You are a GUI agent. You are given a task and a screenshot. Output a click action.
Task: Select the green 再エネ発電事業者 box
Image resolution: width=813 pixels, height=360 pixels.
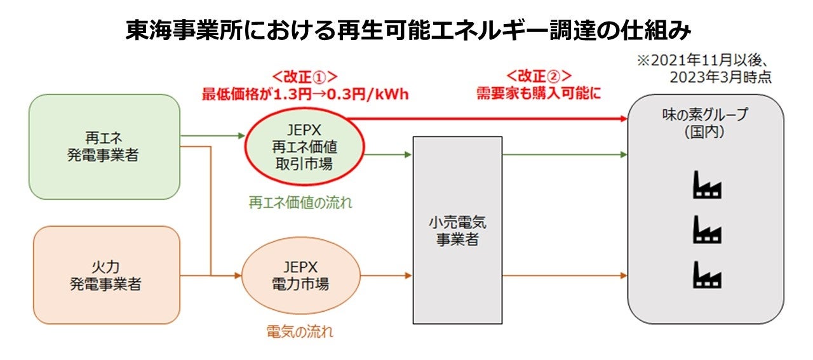pyautogui.click(x=104, y=147)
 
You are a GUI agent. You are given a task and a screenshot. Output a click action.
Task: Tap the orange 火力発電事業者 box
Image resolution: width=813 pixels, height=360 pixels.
pyautogui.click(x=105, y=275)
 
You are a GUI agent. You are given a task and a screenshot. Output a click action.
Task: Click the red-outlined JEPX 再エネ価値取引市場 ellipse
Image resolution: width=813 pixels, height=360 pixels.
pyautogui.click(x=304, y=147)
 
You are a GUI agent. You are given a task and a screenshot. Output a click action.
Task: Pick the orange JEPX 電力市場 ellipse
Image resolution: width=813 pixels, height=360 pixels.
pyautogui.click(x=302, y=275)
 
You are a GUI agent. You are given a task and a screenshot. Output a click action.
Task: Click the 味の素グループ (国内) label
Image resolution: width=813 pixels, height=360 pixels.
pyautogui.click(x=705, y=123)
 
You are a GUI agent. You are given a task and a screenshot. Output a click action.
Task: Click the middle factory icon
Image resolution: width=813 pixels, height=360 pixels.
pyautogui.click(x=706, y=229)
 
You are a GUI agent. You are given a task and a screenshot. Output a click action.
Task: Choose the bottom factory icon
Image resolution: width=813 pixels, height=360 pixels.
pyautogui.click(x=706, y=275)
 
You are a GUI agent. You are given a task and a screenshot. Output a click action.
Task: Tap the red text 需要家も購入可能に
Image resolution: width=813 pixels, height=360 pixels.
pyautogui.click(x=539, y=94)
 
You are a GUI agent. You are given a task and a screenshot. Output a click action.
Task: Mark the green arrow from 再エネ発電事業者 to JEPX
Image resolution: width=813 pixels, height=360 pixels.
pyautogui.click(x=213, y=136)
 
